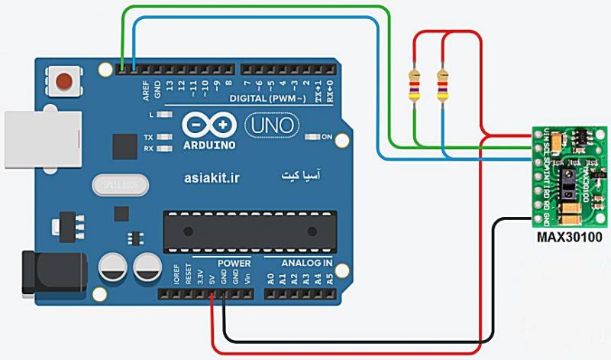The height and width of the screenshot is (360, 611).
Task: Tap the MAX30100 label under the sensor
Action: pyautogui.click(x=569, y=238)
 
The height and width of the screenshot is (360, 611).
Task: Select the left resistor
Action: pyautogui.click(x=415, y=86)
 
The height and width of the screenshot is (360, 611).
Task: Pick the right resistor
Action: pyautogui.click(x=442, y=86)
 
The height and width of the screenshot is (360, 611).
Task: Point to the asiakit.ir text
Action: pyautogui.click(x=212, y=177)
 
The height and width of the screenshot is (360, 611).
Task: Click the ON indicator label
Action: pyautogui.click(x=326, y=137)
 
